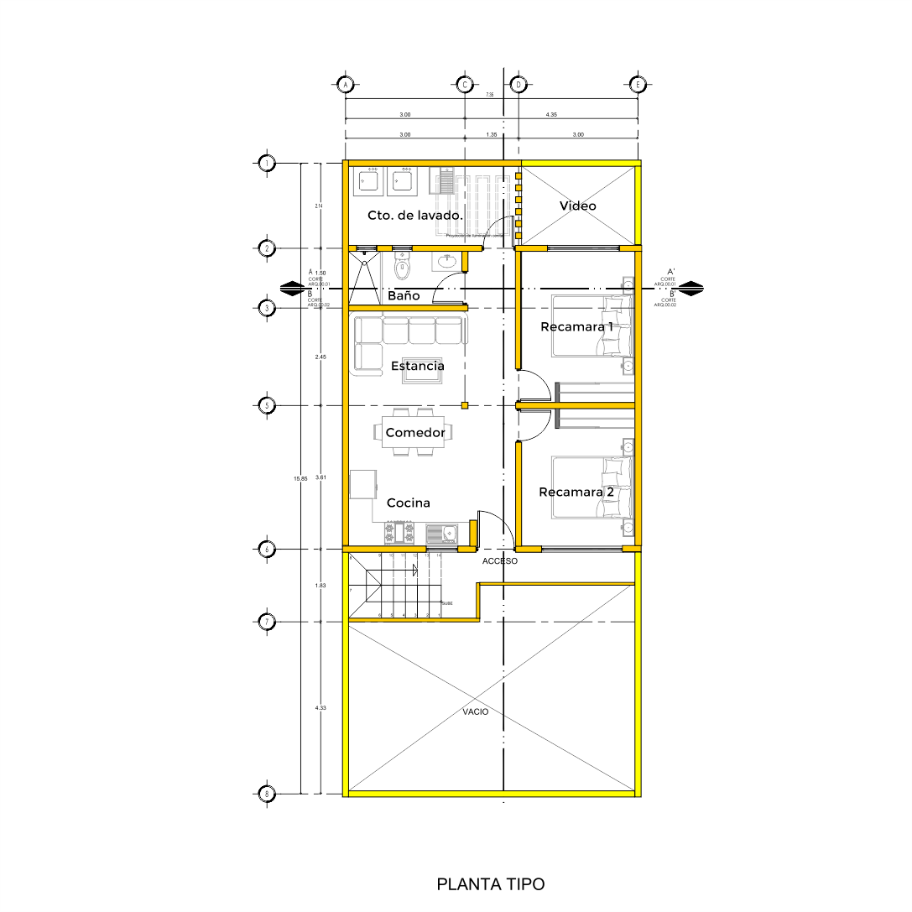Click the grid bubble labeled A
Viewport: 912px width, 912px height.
click(345, 84)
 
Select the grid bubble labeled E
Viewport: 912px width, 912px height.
click(638, 84)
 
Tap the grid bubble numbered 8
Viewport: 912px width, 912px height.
click(267, 793)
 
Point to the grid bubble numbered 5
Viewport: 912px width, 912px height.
click(267, 405)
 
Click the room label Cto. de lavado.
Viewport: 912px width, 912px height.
click(415, 216)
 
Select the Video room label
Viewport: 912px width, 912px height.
click(578, 206)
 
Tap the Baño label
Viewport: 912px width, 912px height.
click(404, 296)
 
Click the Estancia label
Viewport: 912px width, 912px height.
click(418, 366)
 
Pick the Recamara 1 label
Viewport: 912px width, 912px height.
click(576, 326)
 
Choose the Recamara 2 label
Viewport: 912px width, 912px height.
click(576, 492)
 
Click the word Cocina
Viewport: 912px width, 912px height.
click(409, 503)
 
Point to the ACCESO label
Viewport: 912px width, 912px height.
click(500, 560)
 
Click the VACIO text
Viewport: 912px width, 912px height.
click(476, 711)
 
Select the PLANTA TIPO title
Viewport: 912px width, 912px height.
click(491, 884)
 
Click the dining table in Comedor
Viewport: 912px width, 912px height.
click(415, 433)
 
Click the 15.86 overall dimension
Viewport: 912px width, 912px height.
click(300, 478)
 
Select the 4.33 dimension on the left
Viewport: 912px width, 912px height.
click(320, 708)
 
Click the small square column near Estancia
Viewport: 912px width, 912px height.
click(464, 405)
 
